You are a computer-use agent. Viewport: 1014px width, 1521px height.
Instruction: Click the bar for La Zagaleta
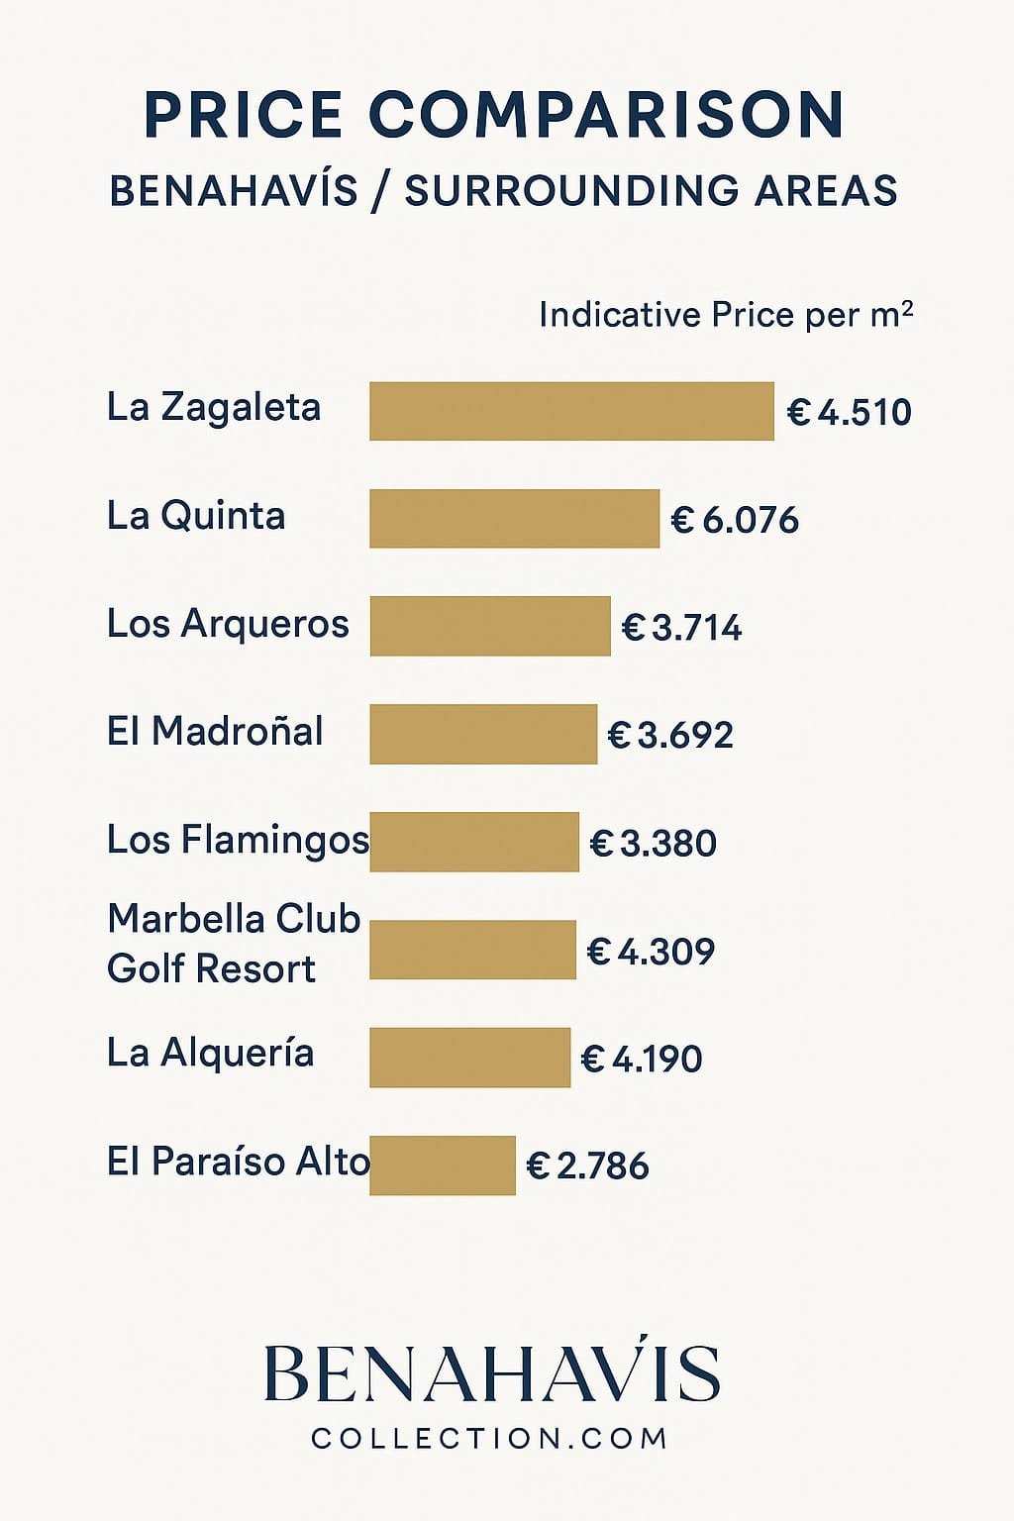coord(571,411)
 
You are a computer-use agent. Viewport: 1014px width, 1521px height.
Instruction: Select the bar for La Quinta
coord(514,518)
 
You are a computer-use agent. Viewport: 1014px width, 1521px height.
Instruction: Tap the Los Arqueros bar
coord(490,626)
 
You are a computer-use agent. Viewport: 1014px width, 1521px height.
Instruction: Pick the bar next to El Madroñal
coord(483,734)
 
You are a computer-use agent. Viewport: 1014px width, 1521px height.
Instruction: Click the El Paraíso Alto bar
coord(443,1166)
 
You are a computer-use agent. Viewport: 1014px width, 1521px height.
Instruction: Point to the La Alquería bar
coord(469,1058)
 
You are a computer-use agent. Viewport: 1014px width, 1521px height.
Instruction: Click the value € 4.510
coord(849,412)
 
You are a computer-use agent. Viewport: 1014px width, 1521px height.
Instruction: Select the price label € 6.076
coord(734,520)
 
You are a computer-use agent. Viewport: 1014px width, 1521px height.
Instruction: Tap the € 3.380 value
coord(653,844)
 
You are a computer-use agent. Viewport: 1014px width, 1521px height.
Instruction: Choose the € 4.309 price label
coord(651,952)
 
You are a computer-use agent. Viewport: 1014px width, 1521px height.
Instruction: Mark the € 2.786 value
coord(587,1166)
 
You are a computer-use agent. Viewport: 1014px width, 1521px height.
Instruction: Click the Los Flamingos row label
coord(238,840)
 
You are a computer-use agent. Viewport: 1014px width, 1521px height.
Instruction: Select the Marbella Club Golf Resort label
coord(233,944)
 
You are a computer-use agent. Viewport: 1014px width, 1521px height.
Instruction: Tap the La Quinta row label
coord(196,516)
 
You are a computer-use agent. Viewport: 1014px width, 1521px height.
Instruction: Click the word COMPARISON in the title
coord(606,115)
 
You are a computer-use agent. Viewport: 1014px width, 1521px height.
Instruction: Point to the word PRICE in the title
coord(244,115)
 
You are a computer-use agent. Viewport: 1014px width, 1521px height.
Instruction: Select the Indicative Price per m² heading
coord(725,315)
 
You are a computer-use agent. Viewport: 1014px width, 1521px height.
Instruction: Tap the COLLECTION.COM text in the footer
coord(490,1439)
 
